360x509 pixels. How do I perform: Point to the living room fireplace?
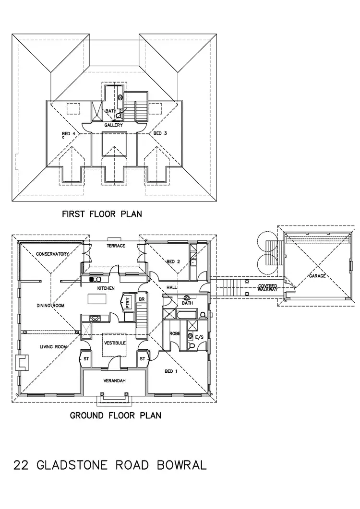pyautogui.click(x=22, y=364)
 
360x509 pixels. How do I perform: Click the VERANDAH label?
pyautogui.click(x=114, y=381)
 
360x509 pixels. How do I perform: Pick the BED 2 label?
pyautogui.click(x=173, y=261)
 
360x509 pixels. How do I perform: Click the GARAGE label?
pyautogui.click(x=317, y=276)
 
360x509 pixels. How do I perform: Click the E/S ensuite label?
pyautogui.click(x=200, y=337)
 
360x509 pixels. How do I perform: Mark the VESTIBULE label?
pyautogui.click(x=115, y=343)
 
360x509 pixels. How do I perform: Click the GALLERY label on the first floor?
pyautogui.click(x=113, y=125)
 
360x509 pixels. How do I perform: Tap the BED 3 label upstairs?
pyautogui.click(x=160, y=133)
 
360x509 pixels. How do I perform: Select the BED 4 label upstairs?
pyautogui.click(x=69, y=134)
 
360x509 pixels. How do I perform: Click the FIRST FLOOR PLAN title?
pyautogui.click(x=102, y=214)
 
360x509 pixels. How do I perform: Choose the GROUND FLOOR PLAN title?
pyautogui.click(x=116, y=415)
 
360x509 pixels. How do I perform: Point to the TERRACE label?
pyautogui.click(x=116, y=246)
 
